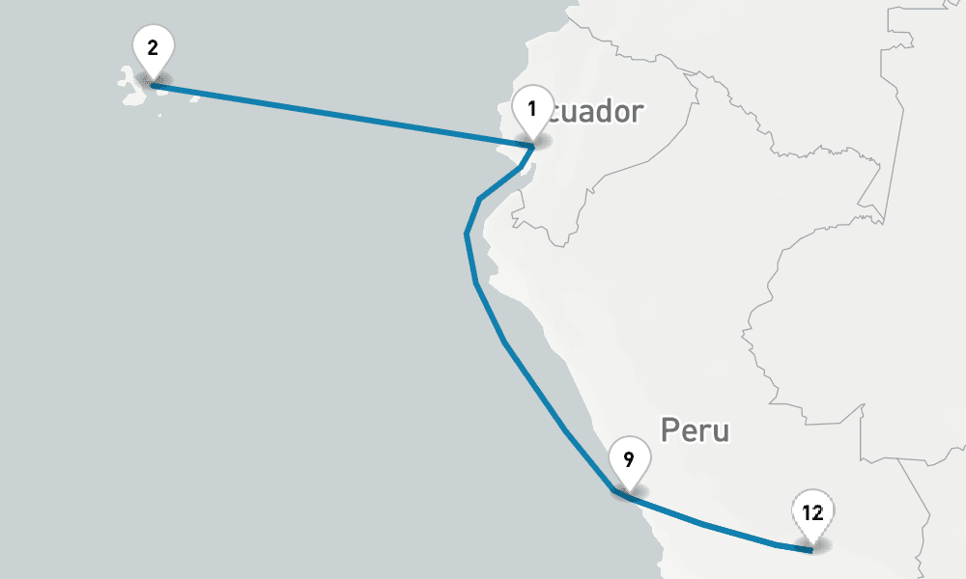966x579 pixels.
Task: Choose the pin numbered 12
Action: pos(811,513)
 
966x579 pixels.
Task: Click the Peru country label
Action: pos(695,430)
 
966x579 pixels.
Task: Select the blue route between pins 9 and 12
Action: pos(705,524)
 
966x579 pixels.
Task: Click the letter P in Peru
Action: pos(669,430)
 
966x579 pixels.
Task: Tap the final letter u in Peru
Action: pos(721,432)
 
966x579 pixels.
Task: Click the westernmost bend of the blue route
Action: pos(467,234)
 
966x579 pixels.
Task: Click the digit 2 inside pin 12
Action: pos(817,512)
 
